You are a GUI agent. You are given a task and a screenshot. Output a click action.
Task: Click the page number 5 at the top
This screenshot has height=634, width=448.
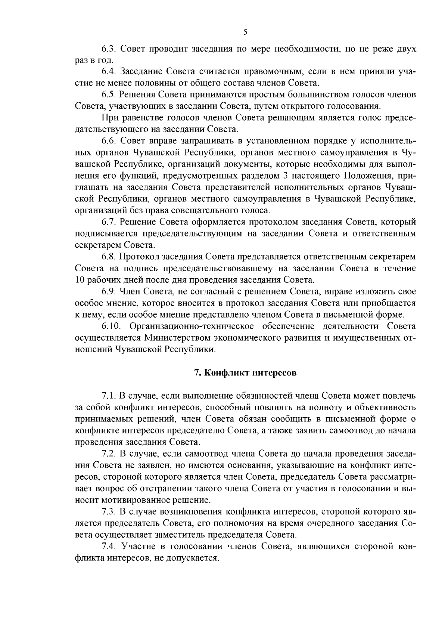[x=245, y=32]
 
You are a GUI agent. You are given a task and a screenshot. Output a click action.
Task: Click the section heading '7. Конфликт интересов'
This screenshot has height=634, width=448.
[x=245, y=373]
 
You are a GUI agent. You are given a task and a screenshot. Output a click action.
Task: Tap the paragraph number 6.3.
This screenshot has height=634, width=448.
[x=110, y=49]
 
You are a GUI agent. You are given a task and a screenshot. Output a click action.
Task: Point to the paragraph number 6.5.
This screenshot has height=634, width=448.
[x=110, y=95]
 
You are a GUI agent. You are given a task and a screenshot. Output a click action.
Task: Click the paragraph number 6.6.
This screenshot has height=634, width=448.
[x=110, y=141]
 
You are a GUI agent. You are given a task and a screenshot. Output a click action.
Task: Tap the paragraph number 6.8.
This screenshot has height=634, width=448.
[x=110, y=257]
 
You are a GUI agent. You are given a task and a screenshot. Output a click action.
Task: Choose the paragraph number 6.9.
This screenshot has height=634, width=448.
[x=110, y=292]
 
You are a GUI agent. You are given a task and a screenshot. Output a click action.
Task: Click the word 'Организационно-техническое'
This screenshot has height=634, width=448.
[x=192, y=327]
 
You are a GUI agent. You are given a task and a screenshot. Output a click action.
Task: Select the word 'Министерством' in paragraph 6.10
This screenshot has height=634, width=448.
[x=176, y=338]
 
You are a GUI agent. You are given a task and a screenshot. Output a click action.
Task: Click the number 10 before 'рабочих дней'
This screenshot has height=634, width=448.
[x=80, y=280]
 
